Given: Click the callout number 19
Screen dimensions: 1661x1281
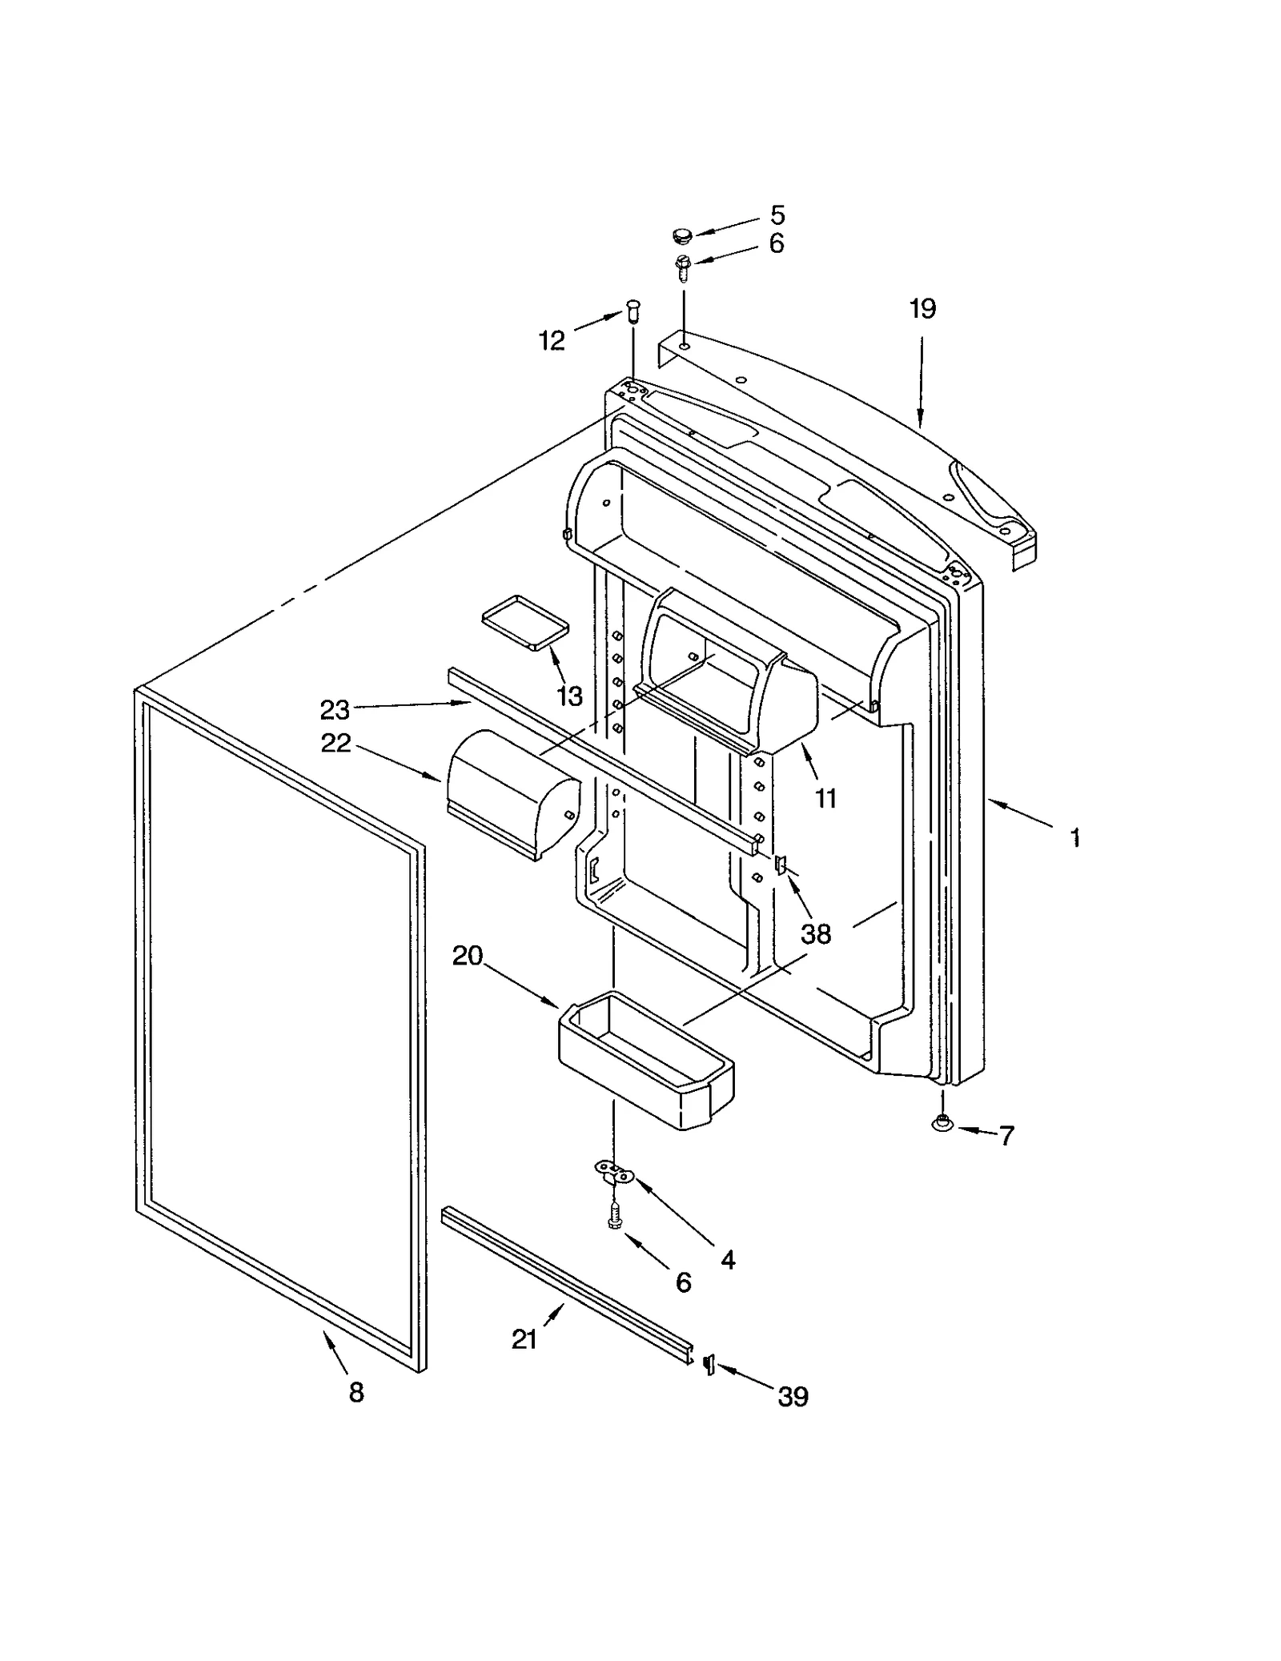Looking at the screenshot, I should tap(922, 309).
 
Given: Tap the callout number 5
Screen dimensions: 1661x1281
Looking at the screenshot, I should tap(777, 215).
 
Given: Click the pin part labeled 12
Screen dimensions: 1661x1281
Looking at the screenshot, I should tap(633, 309).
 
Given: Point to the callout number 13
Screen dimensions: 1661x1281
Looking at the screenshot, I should tap(569, 696).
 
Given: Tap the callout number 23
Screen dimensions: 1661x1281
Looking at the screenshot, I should tap(335, 709).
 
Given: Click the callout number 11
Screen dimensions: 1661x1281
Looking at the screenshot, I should tap(825, 798).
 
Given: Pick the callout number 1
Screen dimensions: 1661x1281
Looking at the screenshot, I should tap(1076, 838).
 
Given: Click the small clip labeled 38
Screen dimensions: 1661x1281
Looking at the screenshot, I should tap(781, 864).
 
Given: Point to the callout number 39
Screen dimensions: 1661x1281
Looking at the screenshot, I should tap(793, 1396).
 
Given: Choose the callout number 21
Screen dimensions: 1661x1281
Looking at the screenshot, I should tap(524, 1339).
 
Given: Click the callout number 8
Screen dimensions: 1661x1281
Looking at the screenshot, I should tap(356, 1392).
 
